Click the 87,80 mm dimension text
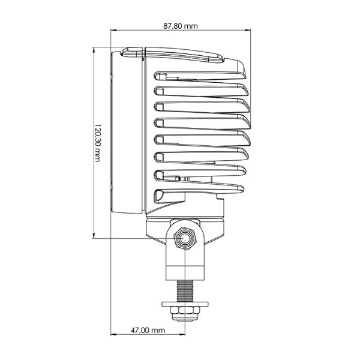tap(181, 26)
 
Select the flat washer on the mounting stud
tap(185, 304)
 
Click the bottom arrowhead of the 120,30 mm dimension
tap(97, 237)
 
